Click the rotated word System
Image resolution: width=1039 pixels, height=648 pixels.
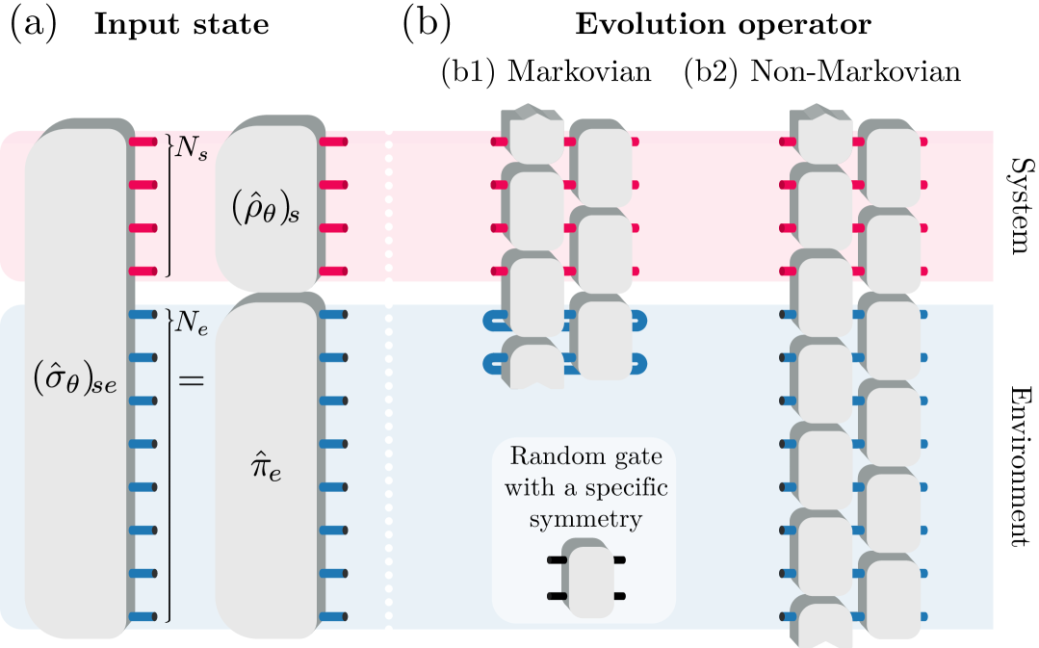point(1017,206)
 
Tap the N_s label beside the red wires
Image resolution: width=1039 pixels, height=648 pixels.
point(191,150)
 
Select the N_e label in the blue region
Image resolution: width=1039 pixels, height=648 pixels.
point(192,324)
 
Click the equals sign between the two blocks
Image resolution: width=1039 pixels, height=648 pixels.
point(192,380)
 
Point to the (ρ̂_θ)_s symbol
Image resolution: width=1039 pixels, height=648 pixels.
point(266,209)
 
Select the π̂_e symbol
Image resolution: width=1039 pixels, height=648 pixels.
point(266,469)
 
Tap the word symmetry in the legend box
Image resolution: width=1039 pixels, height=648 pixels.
point(584,520)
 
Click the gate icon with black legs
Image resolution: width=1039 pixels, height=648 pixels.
point(587,578)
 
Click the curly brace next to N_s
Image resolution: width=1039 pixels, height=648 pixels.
point(169,205)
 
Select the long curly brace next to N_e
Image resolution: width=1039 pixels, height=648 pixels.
point(169,465)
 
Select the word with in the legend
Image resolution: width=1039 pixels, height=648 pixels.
point(528,488)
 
